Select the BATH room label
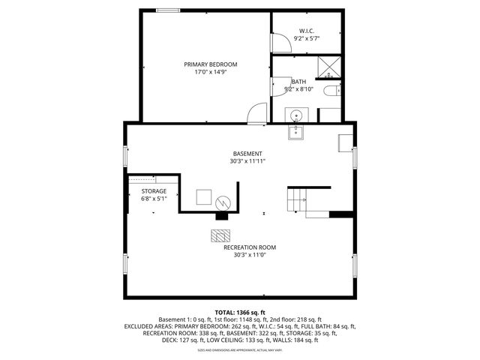click(x=298, y=82)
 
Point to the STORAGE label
click(x=154, y=191)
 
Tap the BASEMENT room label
click(x=247, y=153)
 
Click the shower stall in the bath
click(x=329, y=67)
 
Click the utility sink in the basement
click(x=296, y=132)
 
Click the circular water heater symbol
click(x=223, y=202)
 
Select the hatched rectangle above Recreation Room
click(x=221, y=235)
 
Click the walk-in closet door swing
click(x=278, y=43)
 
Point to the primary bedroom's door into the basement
click(x=256, y=114)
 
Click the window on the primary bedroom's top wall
click(x=168, y=10)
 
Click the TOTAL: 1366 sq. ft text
click(x=240, y=312)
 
